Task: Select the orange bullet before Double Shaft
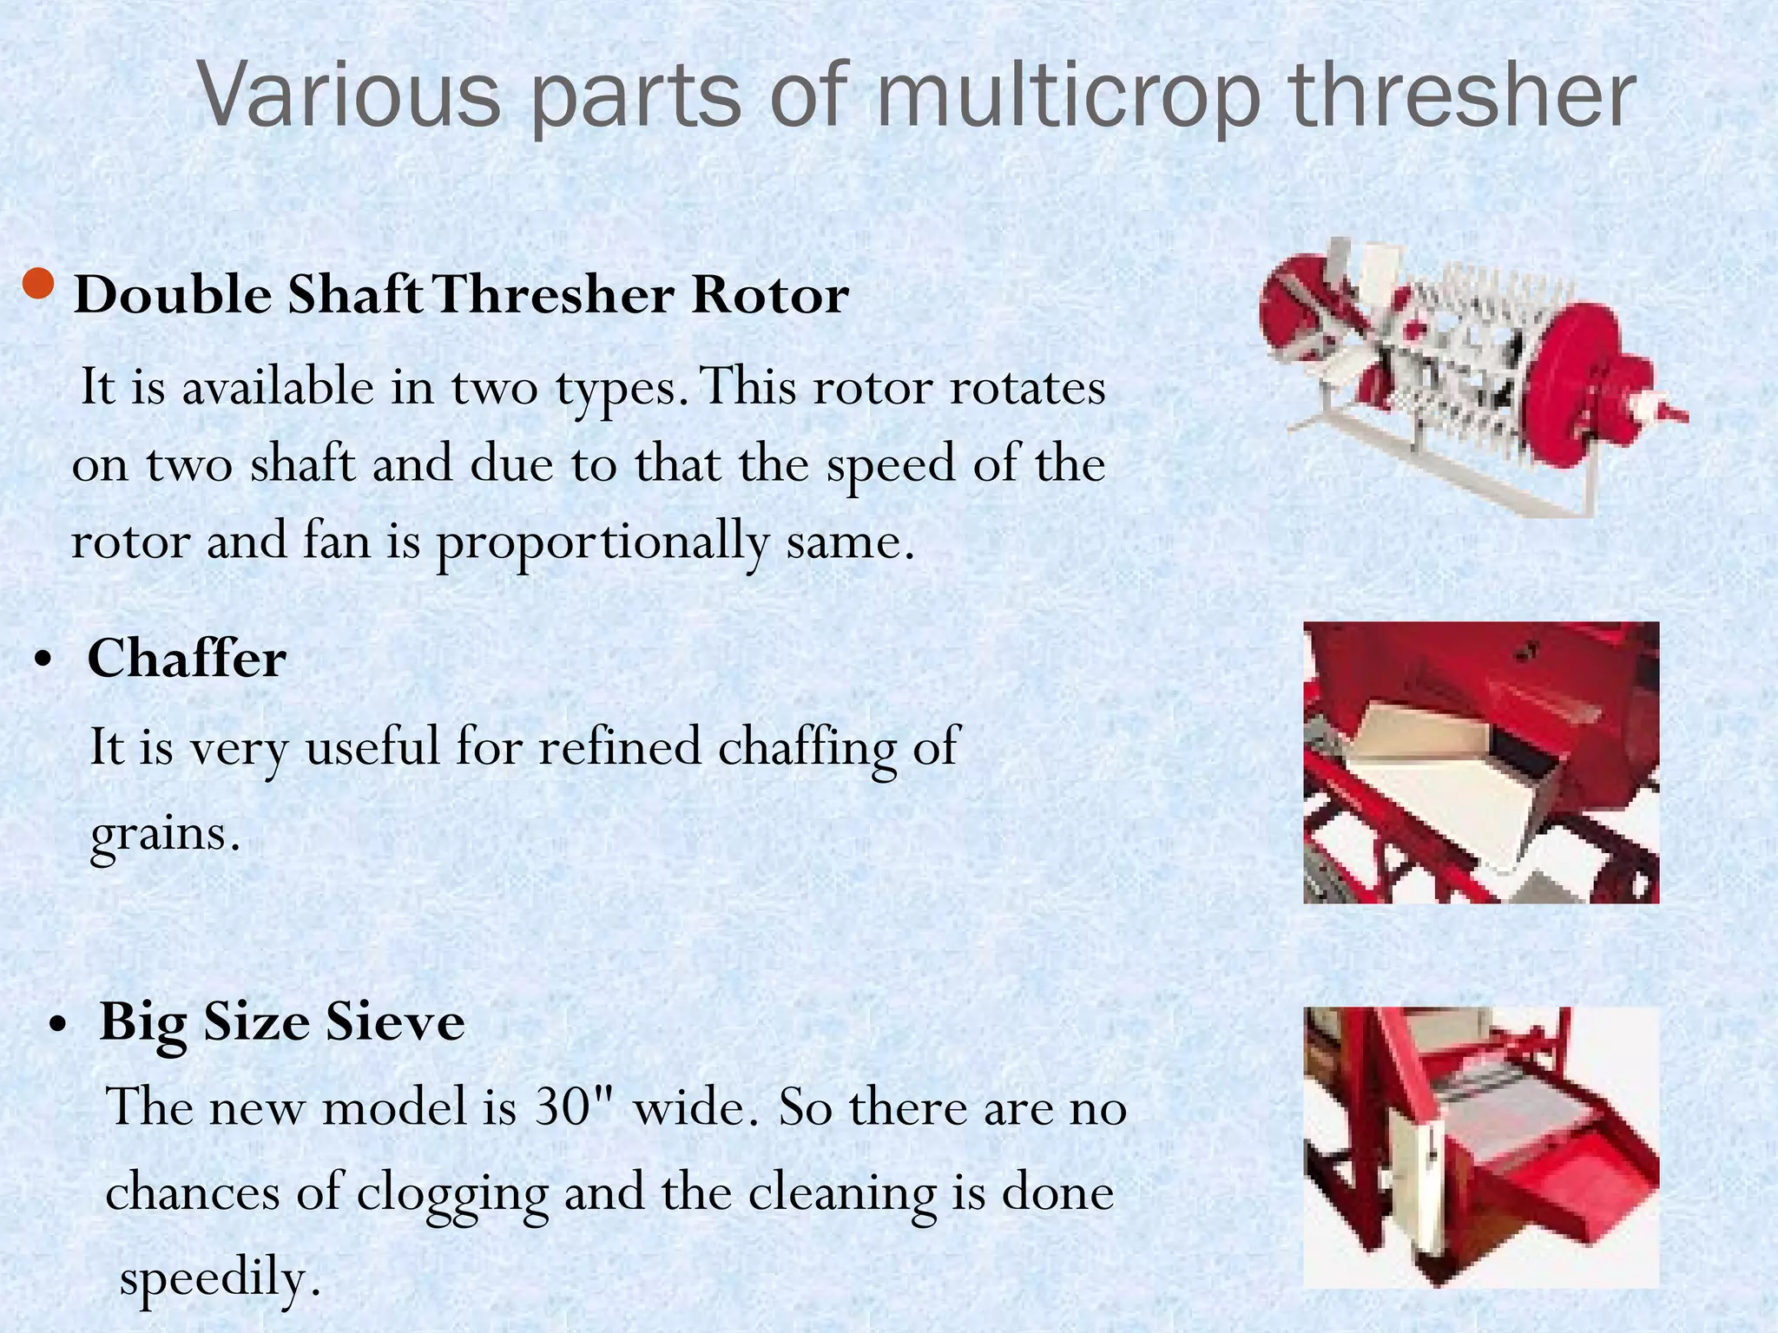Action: (x=39, y=285)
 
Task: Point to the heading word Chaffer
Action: (x=187, y=659)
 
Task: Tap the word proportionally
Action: (x=601, y=542)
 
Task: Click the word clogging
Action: (x=451, y=1193)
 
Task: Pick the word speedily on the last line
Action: (x=219, y=1277)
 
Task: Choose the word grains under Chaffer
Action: (x=162, y=833)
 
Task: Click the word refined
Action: (x=619, y=746)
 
